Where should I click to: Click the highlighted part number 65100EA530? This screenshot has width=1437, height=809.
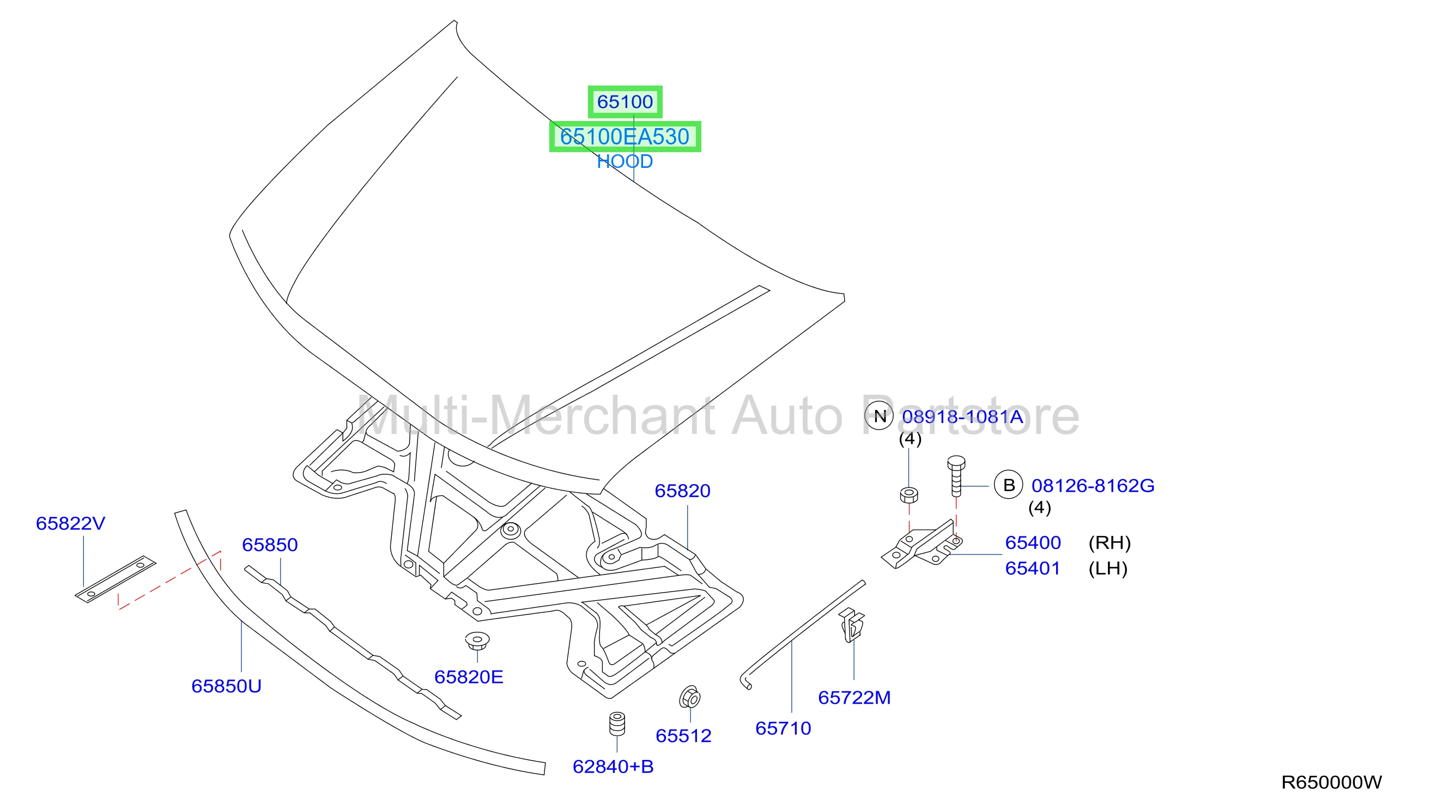[x=625, y=137]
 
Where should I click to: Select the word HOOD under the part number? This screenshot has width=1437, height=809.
[x=625, y=162]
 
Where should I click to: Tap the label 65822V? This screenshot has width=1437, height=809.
[x=70, y=523]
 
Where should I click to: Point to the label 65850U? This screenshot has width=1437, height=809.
[x=227, y=686]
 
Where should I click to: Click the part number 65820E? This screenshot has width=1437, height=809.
[x=469, y=677]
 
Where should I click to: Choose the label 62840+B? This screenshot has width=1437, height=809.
[x=613, y=766]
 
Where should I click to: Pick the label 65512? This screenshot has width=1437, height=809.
[x=683, y=736]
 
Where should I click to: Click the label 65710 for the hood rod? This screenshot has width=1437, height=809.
[x=783, y=728]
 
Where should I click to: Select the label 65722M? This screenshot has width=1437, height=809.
[x=854, y=697]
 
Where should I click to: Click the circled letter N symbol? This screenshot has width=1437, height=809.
[x=880, y=415]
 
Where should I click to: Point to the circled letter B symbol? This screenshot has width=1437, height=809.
[x=1009, y=485]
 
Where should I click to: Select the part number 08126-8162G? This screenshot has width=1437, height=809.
[x=1093, y=486]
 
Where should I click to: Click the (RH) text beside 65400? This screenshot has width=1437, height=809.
[x=1109, y=543]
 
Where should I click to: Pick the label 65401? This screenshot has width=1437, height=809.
[x=1033, y=569]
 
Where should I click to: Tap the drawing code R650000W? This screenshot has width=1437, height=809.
[x=1332, y=783]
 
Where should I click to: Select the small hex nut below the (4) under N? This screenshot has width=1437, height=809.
[x=910, y=495]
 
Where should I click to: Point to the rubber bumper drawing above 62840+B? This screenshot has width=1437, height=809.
[x=617, y=724]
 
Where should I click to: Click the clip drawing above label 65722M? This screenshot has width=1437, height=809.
[x=851, y=625]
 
